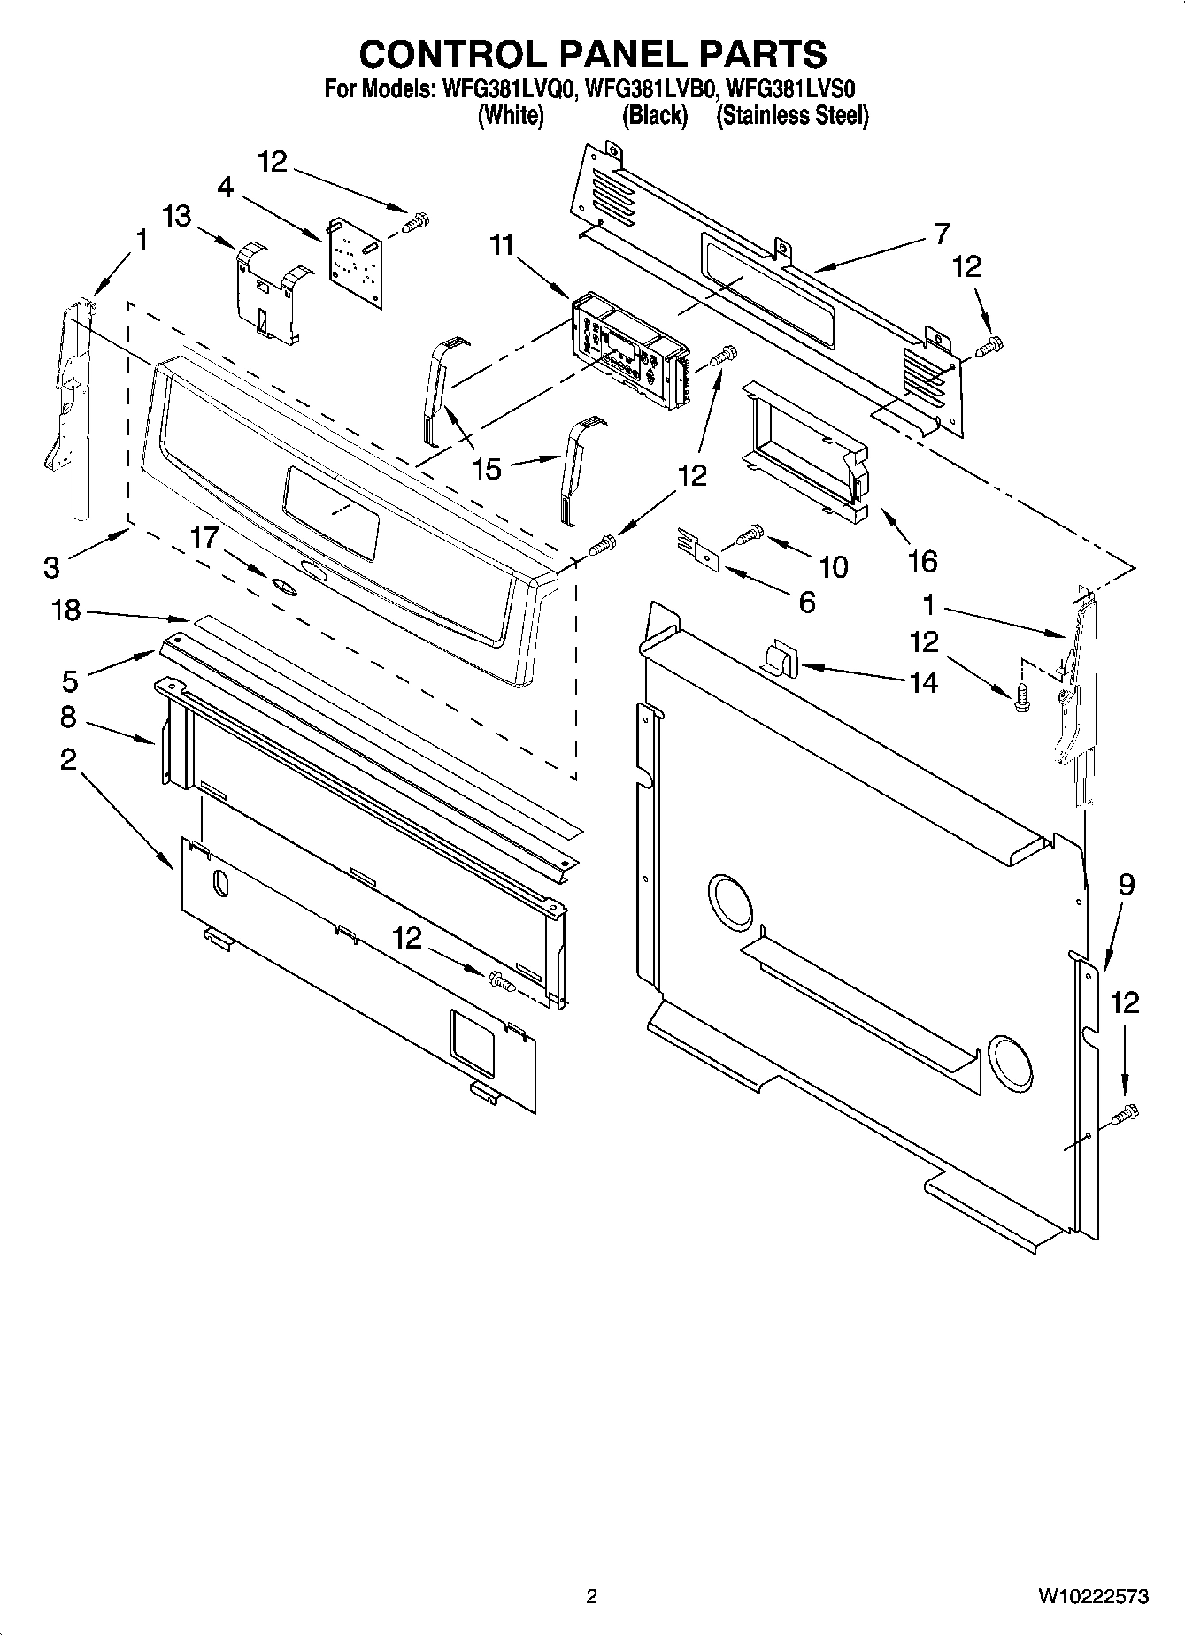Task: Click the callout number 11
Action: pos(502,245)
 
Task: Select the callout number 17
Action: pos(204,537)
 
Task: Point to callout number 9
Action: pos(1126,884)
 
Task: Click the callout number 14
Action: pos(923,682)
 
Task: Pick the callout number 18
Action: pos(66,611)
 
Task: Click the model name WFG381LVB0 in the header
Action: pos(650,88)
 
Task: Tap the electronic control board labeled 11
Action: pos(628,352)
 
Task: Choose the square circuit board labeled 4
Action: pos(356,262)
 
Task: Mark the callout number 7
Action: pos(941,234)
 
